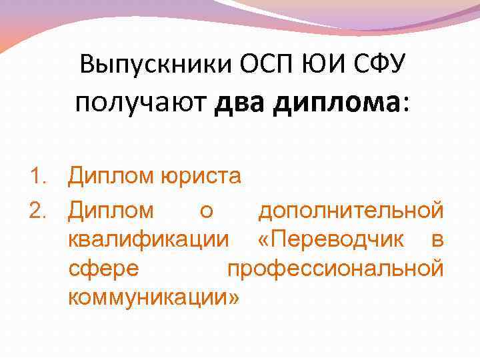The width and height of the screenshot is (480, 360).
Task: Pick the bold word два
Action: click(x=243, y=103)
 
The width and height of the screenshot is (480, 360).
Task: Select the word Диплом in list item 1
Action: click(x=111, y=177)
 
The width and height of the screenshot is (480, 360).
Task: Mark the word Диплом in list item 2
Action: click(x=111, y=211)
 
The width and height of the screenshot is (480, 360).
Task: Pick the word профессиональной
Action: click(x=335, y=269)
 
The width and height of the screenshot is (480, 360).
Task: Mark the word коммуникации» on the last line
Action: click(x=153, y=297)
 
